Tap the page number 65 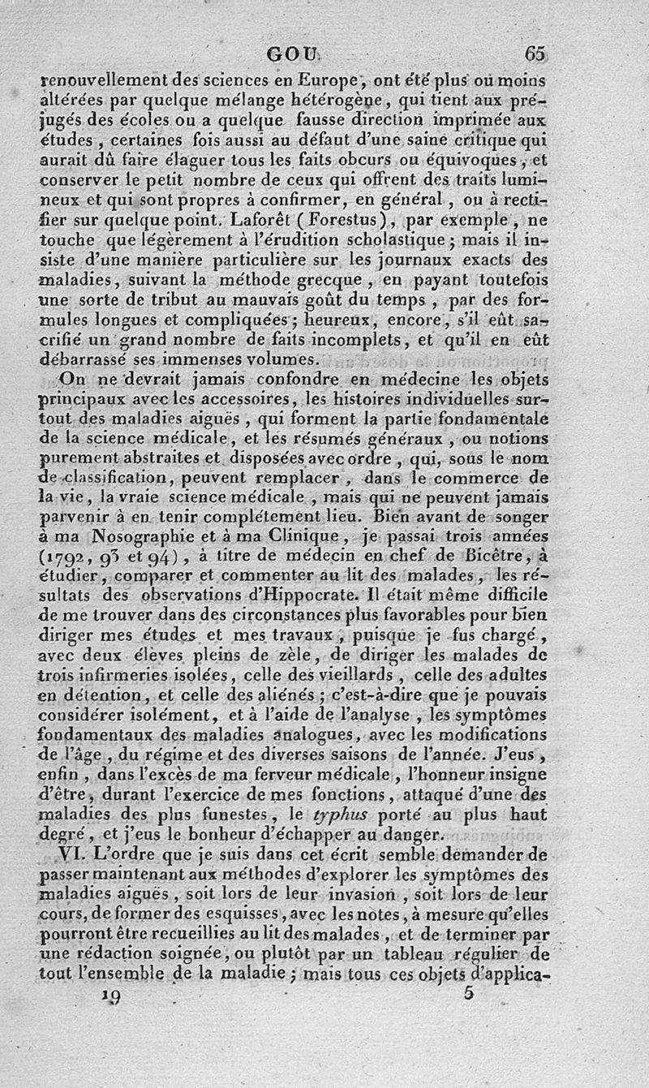[x=535, y=54]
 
